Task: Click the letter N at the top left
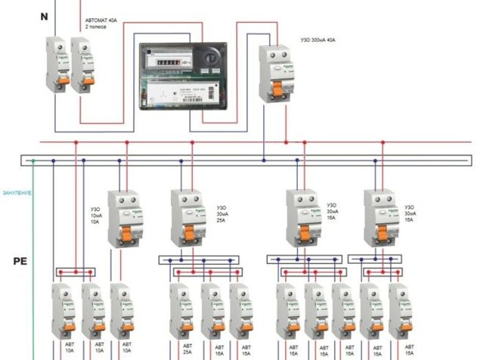coord(23,16)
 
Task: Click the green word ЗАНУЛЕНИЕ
coord(16,193)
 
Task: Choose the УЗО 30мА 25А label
coord(225,213)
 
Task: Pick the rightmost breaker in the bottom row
coord(402,311)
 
